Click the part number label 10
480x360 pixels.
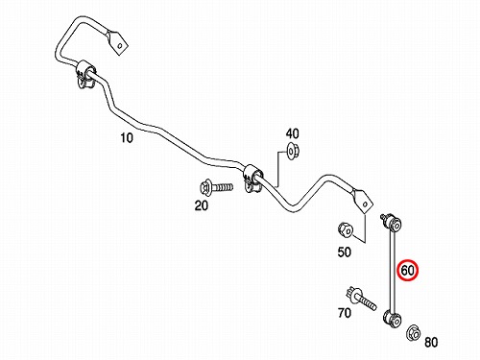(x=127, y=138)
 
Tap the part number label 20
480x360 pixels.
(x=202, y=205)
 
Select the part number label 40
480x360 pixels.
(x=292, y=133)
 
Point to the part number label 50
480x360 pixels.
(x=344, y=252)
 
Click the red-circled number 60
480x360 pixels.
(x=408, y=271)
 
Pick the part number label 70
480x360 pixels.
(x=345, y=313)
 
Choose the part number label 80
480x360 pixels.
(x=431, y=343)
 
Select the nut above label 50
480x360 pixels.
(x=346, y=229)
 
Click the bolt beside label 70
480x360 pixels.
(x=361, y=299)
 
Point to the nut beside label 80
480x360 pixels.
(x=413, y=333)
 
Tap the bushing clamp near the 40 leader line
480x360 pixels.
(x=252, y=179)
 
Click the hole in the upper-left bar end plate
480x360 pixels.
(x=120, y=45)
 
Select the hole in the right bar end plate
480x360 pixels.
(x=365, y=204)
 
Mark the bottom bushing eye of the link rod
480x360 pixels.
(x=393, y=319)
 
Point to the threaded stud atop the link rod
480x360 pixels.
(x=384, y=217)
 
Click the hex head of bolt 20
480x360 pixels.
(x=204, y=187)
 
